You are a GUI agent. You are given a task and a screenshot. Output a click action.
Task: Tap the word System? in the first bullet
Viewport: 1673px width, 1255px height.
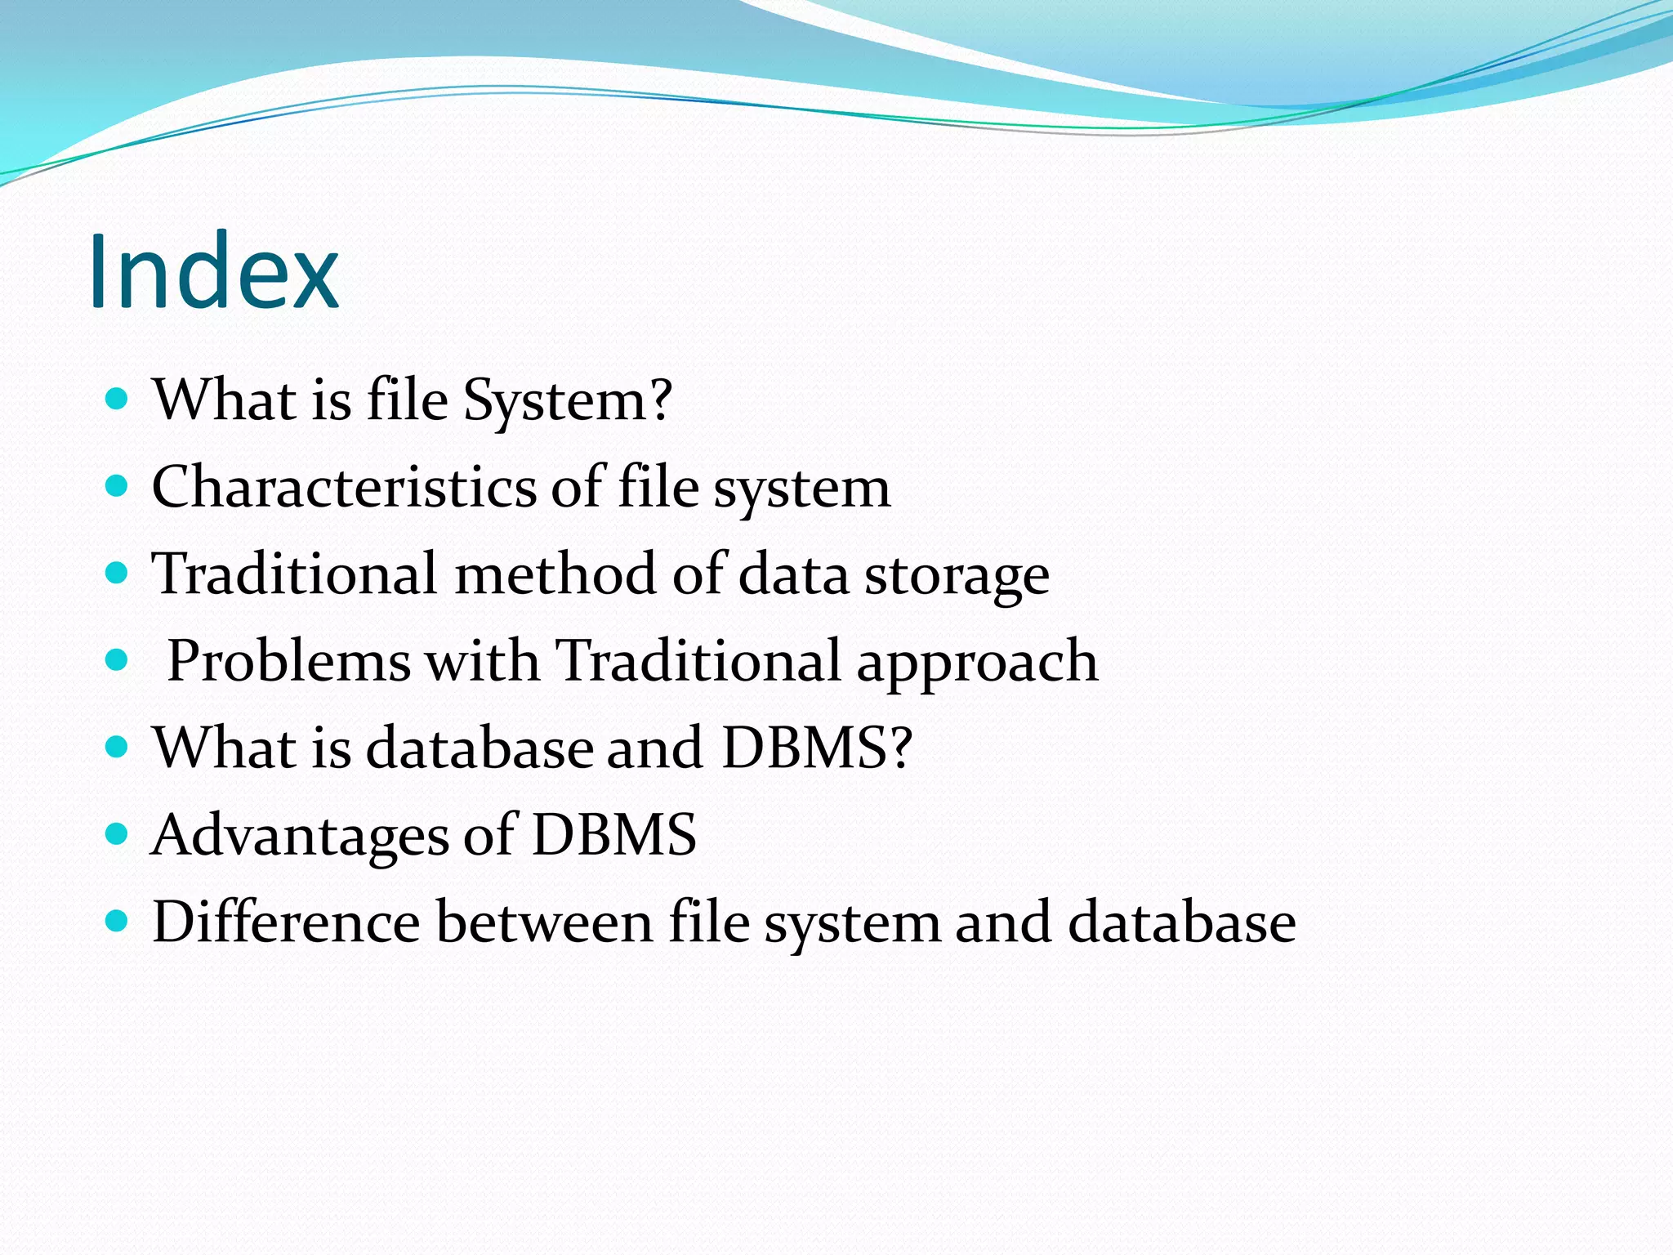568,401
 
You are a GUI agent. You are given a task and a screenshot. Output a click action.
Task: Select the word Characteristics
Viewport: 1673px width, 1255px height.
344,488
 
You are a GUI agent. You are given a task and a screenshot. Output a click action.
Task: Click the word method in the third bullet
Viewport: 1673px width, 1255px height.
555,574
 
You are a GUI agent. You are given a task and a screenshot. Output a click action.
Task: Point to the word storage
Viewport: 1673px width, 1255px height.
957,577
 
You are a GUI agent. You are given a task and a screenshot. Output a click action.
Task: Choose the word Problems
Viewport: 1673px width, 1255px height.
288,661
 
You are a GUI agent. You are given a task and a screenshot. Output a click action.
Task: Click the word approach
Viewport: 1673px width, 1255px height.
977,663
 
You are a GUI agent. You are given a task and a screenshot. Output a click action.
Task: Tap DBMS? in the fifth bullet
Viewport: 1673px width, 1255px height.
817,748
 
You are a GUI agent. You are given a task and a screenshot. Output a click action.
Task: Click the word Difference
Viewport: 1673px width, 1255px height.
286,922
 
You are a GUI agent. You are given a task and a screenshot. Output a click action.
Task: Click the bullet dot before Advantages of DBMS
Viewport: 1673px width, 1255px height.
118,834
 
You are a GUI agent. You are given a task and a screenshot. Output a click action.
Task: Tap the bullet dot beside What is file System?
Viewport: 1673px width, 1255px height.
118,399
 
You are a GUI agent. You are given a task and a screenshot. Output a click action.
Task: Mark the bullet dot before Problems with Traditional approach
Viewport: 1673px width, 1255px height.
118,659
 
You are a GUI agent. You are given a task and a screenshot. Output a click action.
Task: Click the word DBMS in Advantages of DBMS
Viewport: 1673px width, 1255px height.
613,835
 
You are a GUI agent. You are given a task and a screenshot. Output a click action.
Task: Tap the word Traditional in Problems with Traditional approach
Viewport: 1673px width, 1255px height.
698,661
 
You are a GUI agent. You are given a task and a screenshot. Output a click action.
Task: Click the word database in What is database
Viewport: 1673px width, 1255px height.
480,748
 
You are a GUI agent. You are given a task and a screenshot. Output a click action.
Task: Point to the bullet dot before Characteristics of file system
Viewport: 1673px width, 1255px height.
118,486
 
